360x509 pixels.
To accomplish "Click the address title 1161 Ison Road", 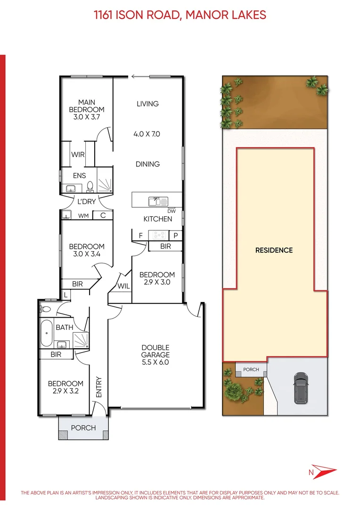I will [180, 15].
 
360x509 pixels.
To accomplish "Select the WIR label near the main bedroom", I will [78, 155].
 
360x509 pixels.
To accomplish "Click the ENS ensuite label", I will [79, 175].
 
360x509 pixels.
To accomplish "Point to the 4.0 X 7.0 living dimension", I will [147, 134].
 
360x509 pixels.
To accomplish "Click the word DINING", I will [147, 164].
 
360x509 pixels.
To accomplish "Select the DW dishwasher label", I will [171, 211].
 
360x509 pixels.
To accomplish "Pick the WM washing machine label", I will [83, 216].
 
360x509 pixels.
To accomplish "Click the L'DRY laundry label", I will [86, 202].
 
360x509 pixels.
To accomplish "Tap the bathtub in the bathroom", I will [46, 333].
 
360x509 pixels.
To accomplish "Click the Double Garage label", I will [155, 355].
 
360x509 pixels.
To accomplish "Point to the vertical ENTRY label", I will [99, 387].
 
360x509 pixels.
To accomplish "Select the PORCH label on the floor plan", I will [83, 428].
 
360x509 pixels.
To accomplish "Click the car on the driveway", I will [300, 387].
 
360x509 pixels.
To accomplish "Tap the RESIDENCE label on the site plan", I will [274, 250].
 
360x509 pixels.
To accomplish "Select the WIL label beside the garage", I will [124, 286].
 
